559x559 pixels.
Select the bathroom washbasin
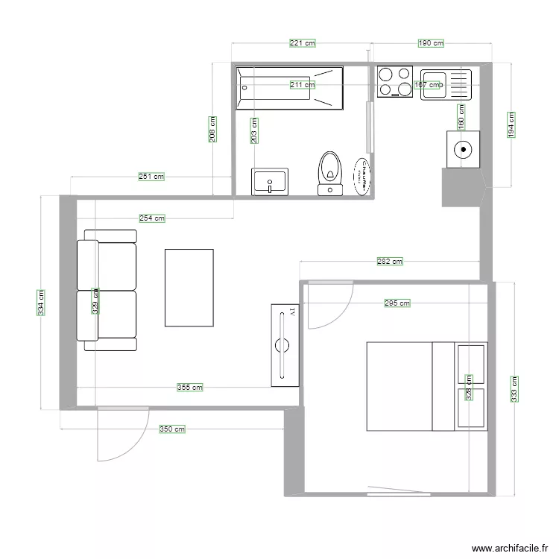click(269, 181)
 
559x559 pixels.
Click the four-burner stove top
click(395, 82)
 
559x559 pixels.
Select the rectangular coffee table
click(189, 288)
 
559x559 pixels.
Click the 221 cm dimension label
click(302, 43)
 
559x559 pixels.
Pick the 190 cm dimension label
click(431, 43)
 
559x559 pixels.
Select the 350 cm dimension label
click(171, 429)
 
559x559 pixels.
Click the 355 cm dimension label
click(189, 388)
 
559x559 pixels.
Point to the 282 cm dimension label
click(390, 262)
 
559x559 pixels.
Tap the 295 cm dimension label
click(397, 303)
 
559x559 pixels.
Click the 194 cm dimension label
click(511, 124)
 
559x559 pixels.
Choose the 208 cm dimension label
click(212, 129)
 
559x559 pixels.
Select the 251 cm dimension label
click(151, 177)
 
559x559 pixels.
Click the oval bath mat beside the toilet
click(361, 176)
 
